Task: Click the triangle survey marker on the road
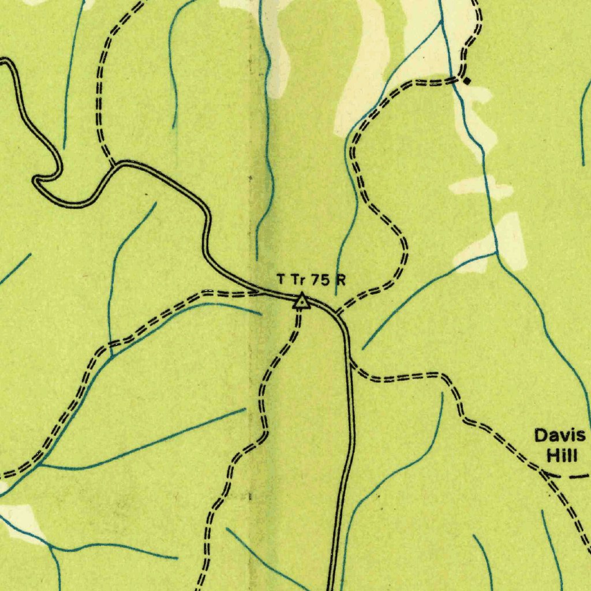pyautogui.click(x=301, y=301)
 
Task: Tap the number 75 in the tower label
pyautogui.click(x=320, y=280)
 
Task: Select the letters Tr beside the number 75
pyautogui.click(x=297, y=280)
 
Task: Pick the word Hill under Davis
pyautogui.click(x=562, y=456)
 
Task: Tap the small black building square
pyautogui.click(x=467, y=81)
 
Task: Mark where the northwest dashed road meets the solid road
pyautogui.click(x=114, y=164)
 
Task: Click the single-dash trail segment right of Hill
pyautogui.click(x=578, y=477)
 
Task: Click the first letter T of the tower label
pyautogui.click(x=281, y=280)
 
